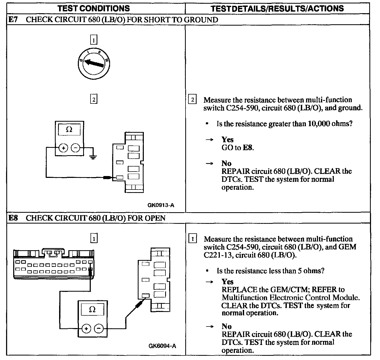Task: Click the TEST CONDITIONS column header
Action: tap(94, 8)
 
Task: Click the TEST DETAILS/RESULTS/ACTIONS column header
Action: tap(277, 8)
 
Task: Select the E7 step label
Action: tap(13, 20)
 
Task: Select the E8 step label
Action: tap(13, 218)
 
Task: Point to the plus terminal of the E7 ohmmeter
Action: tap(63, 148)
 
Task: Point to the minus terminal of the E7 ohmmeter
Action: tap(75, 148)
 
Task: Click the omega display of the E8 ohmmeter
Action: tap(92, 310)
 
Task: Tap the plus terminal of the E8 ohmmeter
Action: tap(86, 329)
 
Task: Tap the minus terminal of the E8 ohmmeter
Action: tap(99, 329)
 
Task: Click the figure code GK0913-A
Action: tap(161, 205)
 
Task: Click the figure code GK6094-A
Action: tap(162, 346)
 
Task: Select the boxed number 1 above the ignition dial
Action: tap(94, 40)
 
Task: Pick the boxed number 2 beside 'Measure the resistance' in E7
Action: tap(192, 100)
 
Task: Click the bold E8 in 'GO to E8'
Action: tap(248, 148)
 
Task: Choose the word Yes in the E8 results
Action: tap(227, 282)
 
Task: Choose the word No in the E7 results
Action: tap(226, 163)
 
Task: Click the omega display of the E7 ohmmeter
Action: tap(69, 130)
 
